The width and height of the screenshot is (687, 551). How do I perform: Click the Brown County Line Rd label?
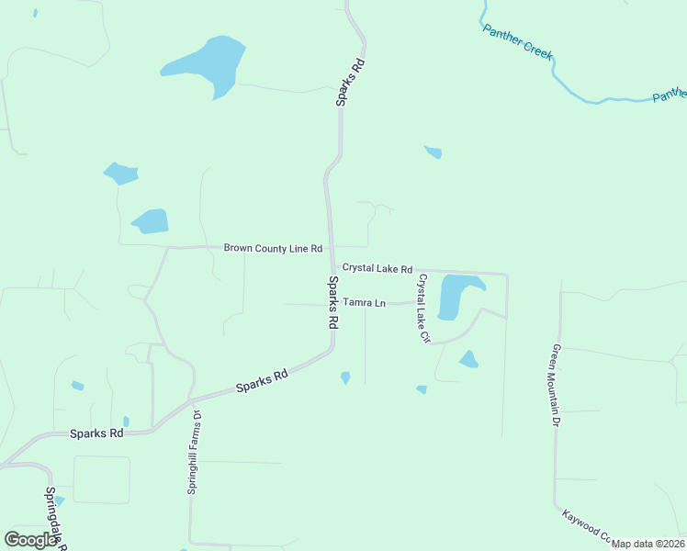(x=273, y=248)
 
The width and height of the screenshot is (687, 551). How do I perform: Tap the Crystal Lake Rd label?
(x=377, y=268)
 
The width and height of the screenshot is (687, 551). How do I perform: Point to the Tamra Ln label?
(x=365, y=302)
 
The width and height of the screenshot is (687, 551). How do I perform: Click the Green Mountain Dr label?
(x=556, y=386)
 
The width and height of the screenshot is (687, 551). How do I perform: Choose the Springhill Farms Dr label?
(x=195, y=453)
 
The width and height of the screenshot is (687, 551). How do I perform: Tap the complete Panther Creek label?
(x=518, y=40)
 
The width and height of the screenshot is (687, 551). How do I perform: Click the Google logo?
(x=30, y=540)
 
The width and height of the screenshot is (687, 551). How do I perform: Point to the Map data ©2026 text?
(x=648, y=544)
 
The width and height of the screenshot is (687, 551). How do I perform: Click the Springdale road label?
(x=55, y=516)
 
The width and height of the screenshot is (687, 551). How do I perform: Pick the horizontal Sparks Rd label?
(x=96, y=433)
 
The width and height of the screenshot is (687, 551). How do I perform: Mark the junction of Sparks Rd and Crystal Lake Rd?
(x=331, y=269)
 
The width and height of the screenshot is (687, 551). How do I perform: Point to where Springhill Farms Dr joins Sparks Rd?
(x=191, y=400)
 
